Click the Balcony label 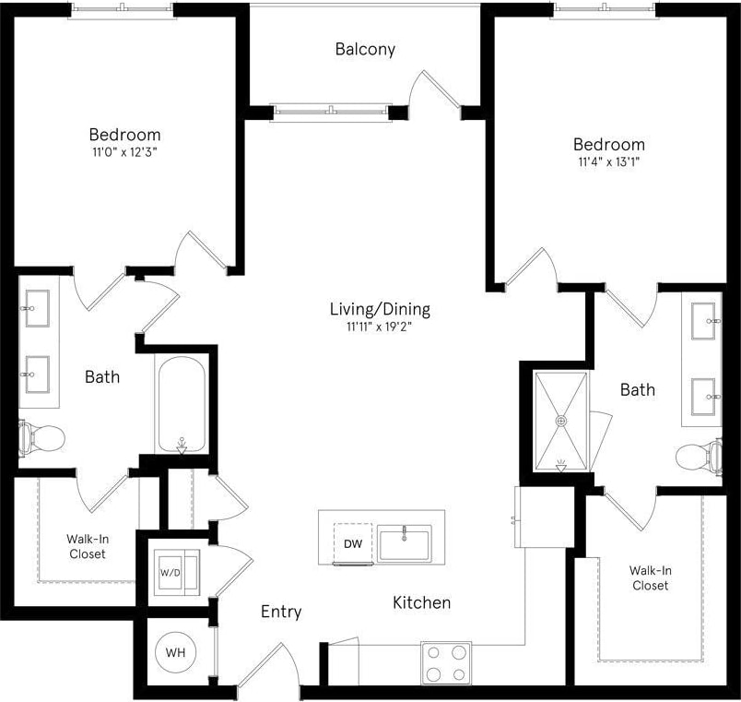point(366,49)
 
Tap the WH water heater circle point(175,652)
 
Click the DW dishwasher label point(353,544)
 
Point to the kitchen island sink point(404,542)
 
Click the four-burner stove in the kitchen point(446,661)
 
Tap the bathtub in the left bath point(180,405)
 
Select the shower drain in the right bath point(560,421)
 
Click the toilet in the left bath point(41,436)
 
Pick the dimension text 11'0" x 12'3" point(124,151)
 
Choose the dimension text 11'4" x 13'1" point(609,161)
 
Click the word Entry point(281,612)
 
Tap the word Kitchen point(422,602)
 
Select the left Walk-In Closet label point(87,546)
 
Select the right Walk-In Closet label point(650,577)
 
